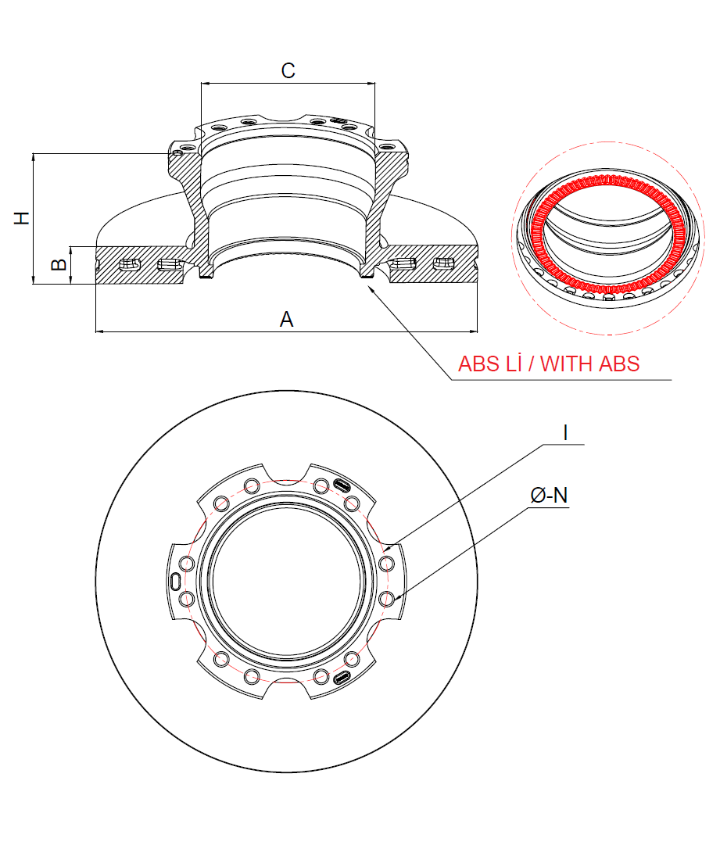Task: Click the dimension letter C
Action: pos(288,70)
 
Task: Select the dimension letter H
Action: pos(23,217)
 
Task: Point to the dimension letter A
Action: pos(286,319)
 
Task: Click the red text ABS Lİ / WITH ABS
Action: pos(549,364)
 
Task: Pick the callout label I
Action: pos(564,433)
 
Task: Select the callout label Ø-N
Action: pos(548,495)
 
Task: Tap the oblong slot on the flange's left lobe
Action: pos(176,581)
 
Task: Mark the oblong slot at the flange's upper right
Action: pos(342,485)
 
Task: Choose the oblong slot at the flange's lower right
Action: pos(342,678)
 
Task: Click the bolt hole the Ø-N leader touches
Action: pos(386,599)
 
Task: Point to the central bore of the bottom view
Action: pos(286,582)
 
